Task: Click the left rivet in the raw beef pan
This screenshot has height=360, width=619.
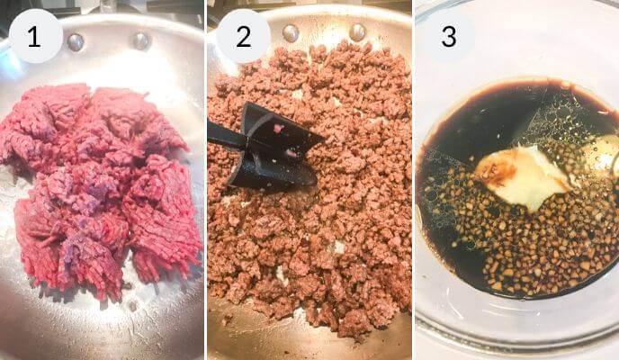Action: [76, 41]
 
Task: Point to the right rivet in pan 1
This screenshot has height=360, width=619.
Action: [140, 40]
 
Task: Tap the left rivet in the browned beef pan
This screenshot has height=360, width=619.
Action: [291, 33]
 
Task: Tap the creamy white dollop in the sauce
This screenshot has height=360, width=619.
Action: [522, 175]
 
